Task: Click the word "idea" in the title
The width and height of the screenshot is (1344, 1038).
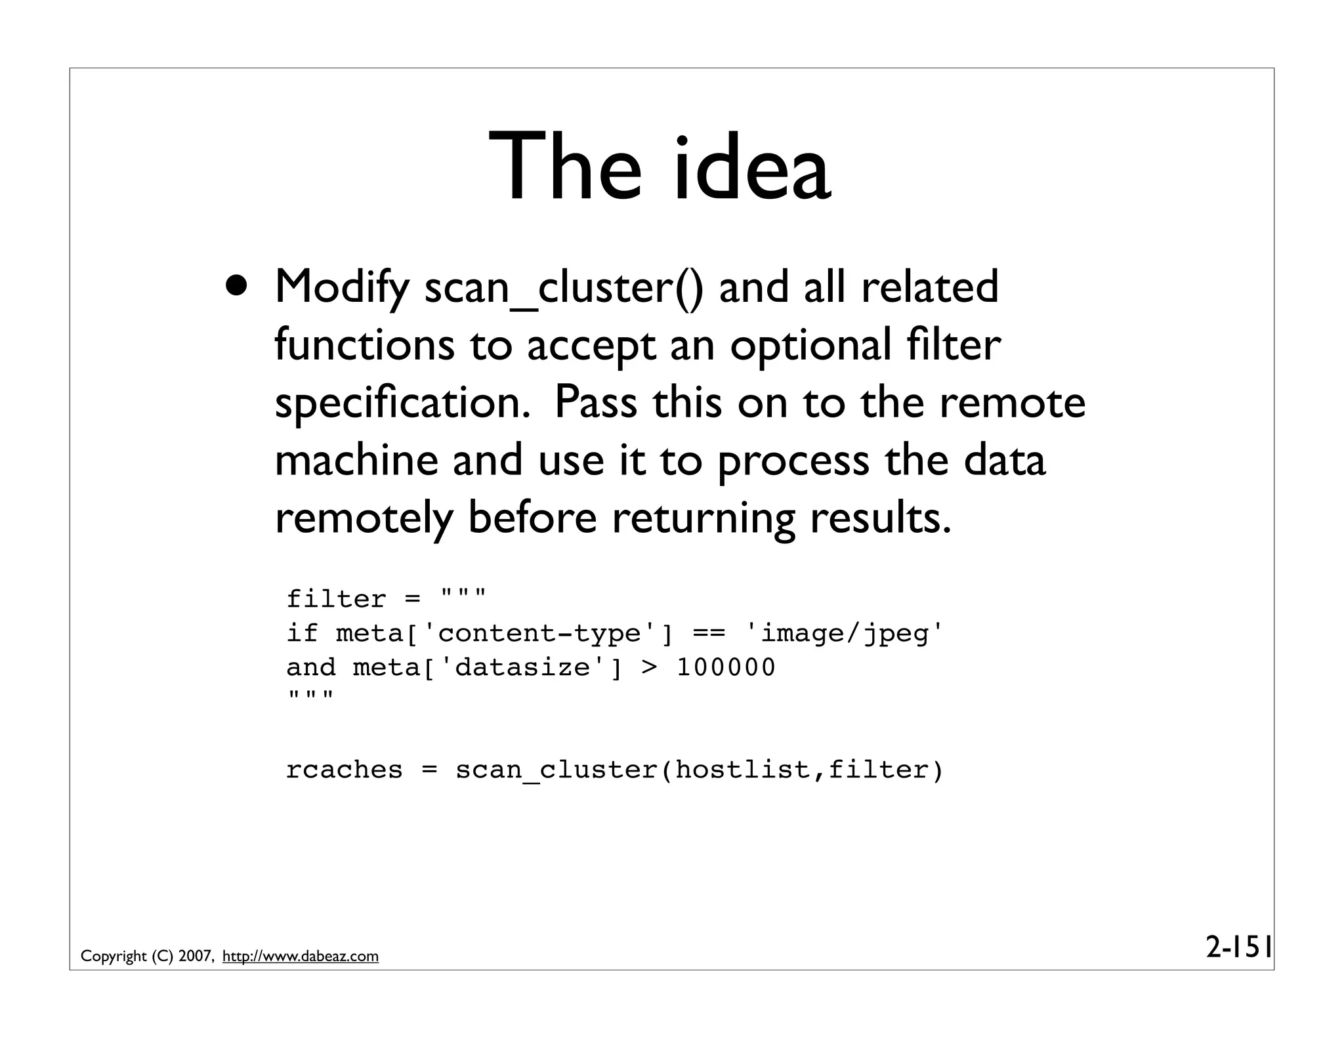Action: coord(752,168)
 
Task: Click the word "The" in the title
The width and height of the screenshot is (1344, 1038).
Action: coord(564,168)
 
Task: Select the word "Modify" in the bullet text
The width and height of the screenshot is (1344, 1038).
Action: coord(341,289)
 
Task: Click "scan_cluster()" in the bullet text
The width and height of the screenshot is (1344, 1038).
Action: coord(564,289)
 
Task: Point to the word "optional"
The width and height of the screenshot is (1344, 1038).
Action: coord(810,346)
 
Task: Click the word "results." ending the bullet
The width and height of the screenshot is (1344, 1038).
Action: coord(880,518)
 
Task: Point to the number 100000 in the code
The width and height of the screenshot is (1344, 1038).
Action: coord(726,668)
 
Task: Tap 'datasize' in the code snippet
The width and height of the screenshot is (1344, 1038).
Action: coord(522,668)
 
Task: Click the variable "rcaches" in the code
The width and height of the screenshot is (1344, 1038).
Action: coord(344,770)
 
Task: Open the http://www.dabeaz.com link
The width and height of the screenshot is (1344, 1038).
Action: coord(301,957)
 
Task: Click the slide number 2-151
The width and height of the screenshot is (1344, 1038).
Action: coord(1239,948)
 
